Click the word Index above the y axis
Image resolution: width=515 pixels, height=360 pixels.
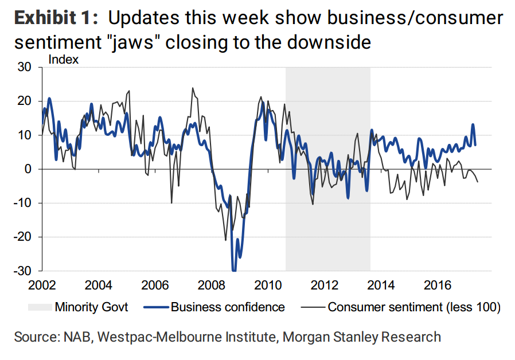(64, 58)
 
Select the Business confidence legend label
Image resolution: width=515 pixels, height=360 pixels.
(228, 307)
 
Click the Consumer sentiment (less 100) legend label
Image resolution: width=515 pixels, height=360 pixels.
(414, 307)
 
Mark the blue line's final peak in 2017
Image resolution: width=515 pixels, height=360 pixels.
(473, 124)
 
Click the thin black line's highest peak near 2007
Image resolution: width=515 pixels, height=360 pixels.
(192, 88)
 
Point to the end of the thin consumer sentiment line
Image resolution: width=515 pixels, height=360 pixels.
(478, 182)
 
